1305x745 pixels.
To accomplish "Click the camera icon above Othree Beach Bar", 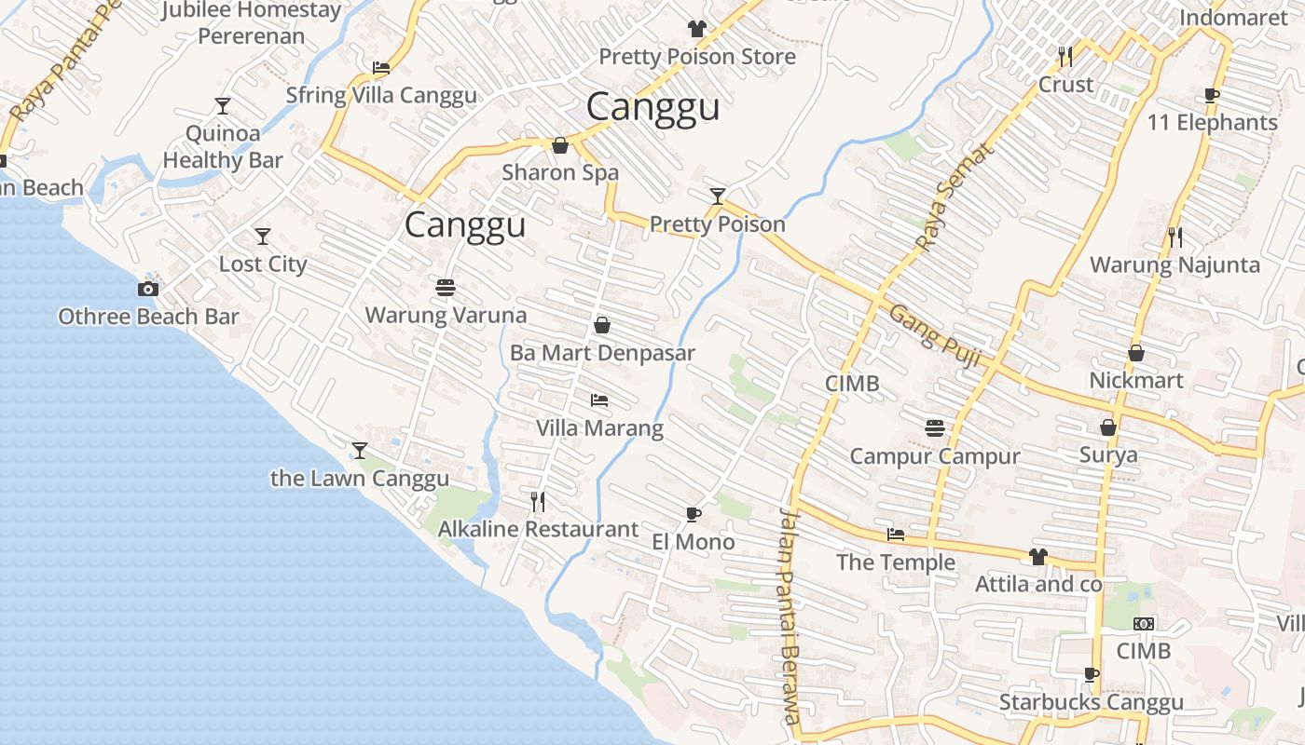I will [x=147, y=290].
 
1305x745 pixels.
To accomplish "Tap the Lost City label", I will [x=263, y=264].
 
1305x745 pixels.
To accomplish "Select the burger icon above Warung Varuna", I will [x=446, y=287].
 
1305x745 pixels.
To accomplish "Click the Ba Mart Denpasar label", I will [x=602, y=354].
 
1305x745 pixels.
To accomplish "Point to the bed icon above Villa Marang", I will [x=599, y=400].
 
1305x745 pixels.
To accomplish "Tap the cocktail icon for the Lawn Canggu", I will [x=360, y=451].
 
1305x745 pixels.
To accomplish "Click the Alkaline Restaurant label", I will [x=539, y=530].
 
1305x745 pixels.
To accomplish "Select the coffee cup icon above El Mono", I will [x=693, y=514].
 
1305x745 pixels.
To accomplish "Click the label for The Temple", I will [x=896, y=562].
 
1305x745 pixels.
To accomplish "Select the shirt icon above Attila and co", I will [x=1038, y=557].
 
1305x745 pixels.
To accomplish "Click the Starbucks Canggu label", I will [x=1092, y=702].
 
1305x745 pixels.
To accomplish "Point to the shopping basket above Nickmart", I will [x=1136, y=353].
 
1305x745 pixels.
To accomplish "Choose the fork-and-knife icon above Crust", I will [x=1065, y=57].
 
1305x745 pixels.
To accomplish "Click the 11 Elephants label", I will [x=1212, y=123].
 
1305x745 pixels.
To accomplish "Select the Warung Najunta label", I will [x=1174, y=265].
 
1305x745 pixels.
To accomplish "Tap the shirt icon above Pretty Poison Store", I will [x=696, y=29].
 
